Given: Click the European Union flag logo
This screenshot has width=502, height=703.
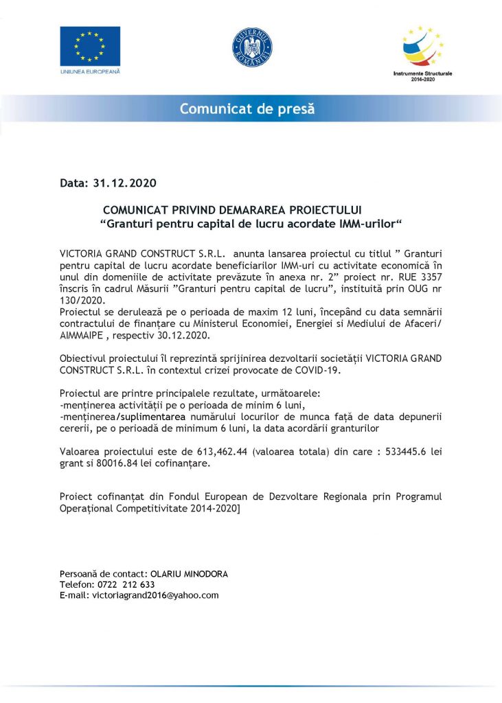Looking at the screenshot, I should coord(90,46).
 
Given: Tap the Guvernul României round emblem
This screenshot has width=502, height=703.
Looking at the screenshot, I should coord(251,48).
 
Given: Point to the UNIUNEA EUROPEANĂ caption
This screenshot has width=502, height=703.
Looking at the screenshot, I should coord(90,71).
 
